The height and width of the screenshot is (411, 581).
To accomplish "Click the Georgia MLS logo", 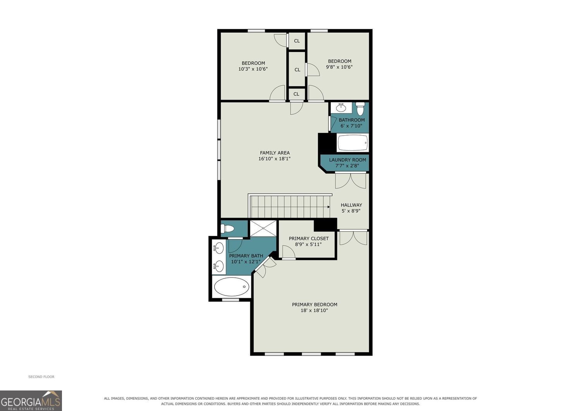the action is (x=31, y=401).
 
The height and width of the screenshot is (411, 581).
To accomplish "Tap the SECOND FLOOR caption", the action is (x=41, y=377).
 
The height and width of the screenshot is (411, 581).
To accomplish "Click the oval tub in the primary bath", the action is (x=232, y=286).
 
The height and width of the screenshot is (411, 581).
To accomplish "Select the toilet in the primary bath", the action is (x=227, y=229).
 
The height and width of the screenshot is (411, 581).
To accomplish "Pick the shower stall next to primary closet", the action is (x=263, y=228).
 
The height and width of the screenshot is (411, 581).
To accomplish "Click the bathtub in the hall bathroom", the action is (x=352, y=143).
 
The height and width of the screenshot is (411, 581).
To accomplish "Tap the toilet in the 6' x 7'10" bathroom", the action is (x=360, y=108).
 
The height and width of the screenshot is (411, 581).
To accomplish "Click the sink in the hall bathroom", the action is (x=341, y=107).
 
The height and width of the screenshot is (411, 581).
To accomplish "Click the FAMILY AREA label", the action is (x=275, y=153).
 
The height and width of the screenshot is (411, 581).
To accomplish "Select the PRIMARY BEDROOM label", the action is (x=315, y=304).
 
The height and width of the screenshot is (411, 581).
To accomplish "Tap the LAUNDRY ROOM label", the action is (x=347, y=160).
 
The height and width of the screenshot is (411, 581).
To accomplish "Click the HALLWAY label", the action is (x=351, y=205).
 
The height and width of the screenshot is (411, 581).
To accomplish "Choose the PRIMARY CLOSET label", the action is (x=309, y=239).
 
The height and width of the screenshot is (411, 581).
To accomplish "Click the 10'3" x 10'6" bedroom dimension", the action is (x=253, y=69).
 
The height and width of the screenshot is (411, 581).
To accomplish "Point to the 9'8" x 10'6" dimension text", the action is (x=339, y=67).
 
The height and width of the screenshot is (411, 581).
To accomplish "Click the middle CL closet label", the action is (x=297, y=70).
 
